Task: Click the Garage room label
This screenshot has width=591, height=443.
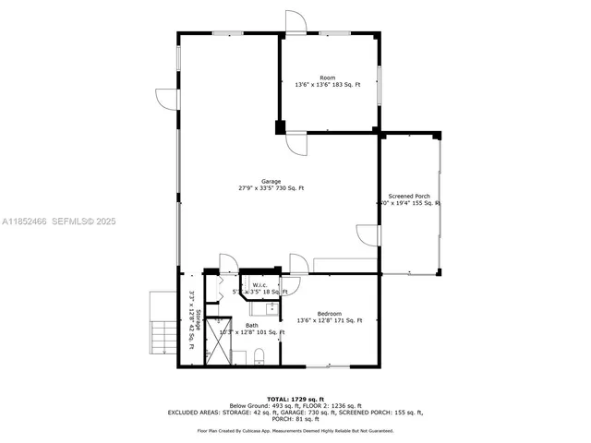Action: click(x=271, y=181)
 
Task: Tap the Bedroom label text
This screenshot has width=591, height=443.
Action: click(x=329, y=313)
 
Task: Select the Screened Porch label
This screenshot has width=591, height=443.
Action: click(x=409, y=197)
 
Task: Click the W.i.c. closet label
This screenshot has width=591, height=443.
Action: click(x=259, y=284)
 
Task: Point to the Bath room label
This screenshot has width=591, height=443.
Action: click(x=252, y=324)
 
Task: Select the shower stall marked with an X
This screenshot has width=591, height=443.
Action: click(x=220, y=341)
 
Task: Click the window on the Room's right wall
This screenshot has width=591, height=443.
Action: click(x=379, y=85)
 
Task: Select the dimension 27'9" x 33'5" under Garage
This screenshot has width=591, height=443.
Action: click(x=271, y=188)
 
